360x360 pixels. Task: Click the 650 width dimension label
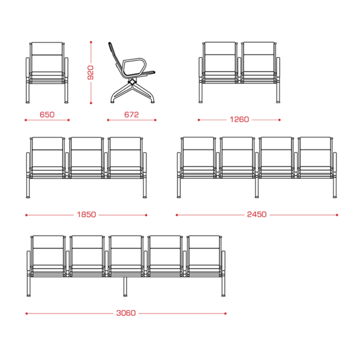tap(47, 115)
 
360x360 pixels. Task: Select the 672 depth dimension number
tap(131, 115)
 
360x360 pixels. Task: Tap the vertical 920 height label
tap(90, 72)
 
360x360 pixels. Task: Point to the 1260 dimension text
tap(239, 120)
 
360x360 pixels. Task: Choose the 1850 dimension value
tap(87, 215)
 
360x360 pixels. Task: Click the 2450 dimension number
tap(257, 214)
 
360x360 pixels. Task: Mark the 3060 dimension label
tap(126, 313)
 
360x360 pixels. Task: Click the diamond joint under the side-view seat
tap(132, 81)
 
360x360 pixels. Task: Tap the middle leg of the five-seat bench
tap(125, 287)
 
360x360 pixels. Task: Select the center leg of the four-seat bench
tap(257, 188)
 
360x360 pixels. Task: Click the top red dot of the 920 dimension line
tap(91, 42)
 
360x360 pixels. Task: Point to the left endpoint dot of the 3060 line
tap(27, 313)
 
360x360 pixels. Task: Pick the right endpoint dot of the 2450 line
tap(337, 215)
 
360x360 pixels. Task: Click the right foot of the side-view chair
tap(153, 102)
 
